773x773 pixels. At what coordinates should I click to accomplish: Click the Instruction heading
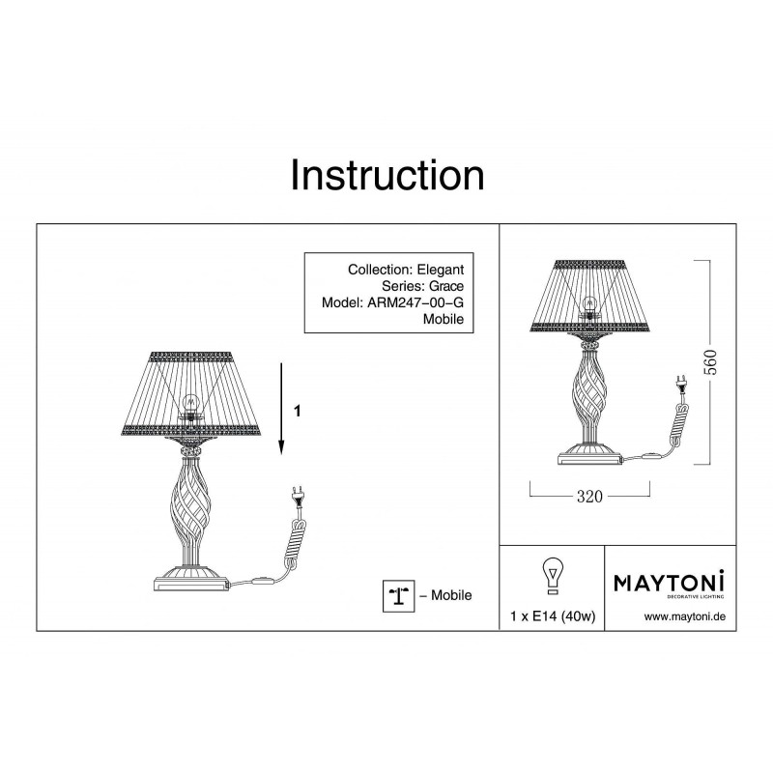pos(387,175)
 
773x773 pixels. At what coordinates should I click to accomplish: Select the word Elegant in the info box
pos(441,270)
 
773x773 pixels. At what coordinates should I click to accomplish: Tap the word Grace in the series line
pos(446,286)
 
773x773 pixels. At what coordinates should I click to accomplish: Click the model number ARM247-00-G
pos(415,302)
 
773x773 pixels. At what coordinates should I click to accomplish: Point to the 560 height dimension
pos(710,361)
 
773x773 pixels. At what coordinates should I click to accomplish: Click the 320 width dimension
pos(589,496)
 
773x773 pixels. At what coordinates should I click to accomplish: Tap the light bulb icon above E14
pos(553,576)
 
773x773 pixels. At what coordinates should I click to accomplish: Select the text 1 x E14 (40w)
pos(553,616)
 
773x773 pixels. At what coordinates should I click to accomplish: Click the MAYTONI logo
pos(669,584)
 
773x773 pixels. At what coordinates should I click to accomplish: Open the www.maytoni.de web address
pos(685,616)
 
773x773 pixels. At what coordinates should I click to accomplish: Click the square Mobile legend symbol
pos(398,596)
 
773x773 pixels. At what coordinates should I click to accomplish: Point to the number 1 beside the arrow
pos(298,411)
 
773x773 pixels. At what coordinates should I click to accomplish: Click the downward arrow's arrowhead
pos(281,447)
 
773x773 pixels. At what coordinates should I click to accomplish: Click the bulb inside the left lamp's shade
pos(190,405)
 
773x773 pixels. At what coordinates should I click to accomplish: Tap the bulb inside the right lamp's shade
pos(589,304)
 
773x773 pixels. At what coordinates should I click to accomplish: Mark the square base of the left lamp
pos(191,585)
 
